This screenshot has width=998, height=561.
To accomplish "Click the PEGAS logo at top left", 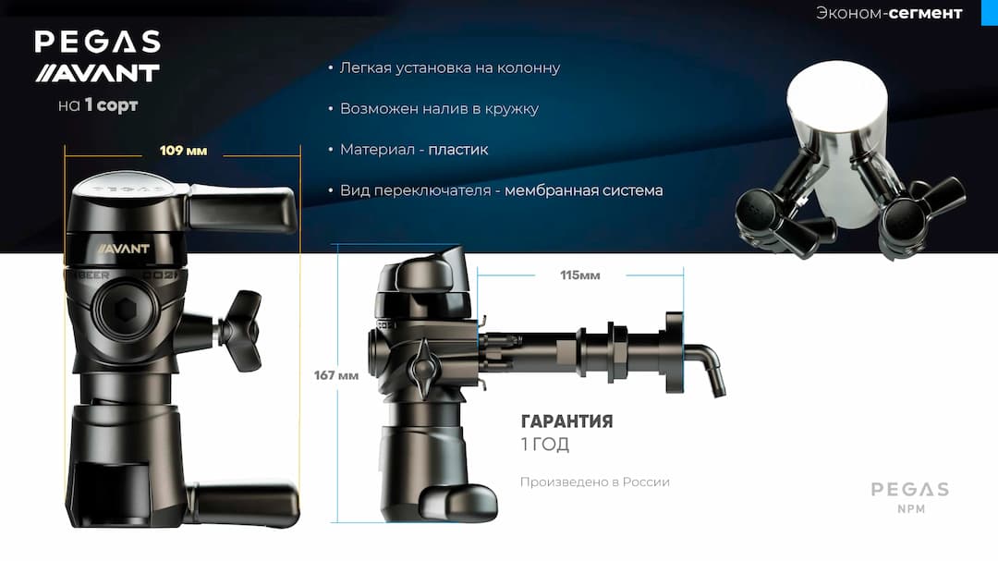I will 97,42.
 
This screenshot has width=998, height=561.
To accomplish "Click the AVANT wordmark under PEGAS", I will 97,73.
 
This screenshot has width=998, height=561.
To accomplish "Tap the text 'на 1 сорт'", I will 97,105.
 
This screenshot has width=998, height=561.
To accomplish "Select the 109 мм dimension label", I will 183,151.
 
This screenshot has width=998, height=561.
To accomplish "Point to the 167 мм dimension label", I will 335,375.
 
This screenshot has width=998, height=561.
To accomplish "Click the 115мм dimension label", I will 579,275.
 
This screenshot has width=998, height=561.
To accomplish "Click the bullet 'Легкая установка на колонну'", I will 449,68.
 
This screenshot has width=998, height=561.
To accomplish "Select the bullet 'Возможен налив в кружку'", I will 439,109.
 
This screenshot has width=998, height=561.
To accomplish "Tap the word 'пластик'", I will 458,150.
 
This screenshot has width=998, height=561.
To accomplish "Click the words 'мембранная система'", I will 584,190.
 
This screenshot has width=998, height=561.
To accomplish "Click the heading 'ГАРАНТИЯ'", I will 566,422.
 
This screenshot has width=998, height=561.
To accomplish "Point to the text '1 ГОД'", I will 545,445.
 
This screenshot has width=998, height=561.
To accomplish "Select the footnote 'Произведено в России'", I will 594,482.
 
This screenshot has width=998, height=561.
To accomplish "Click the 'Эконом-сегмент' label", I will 888,13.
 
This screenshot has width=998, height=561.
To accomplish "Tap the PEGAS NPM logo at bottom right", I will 909,496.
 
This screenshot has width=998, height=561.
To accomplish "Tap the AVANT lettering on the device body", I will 117,249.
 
